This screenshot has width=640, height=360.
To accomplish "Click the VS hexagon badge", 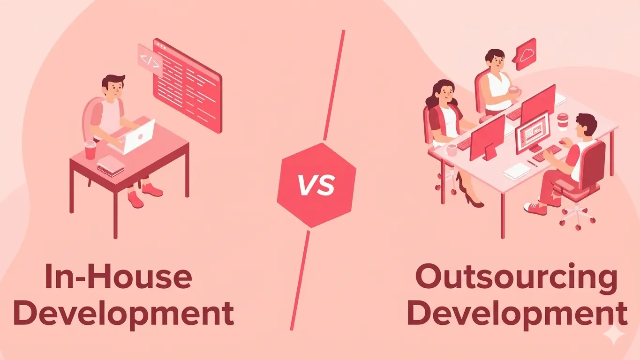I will (316, 185).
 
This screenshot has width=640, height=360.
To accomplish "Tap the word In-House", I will (119, 277).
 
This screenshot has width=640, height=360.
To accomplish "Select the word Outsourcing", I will (516, 277).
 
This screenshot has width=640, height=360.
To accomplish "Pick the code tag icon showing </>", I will (150, 61).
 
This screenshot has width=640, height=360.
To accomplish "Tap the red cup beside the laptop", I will (90, 150).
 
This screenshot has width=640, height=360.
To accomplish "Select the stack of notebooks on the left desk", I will (111, 165).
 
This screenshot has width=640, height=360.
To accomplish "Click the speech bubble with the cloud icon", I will (526, 53).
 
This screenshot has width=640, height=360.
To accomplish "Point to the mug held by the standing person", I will (514, 91).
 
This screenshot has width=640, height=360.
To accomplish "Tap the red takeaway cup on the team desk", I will (563, 120).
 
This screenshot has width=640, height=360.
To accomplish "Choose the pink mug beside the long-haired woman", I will (451, 150).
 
